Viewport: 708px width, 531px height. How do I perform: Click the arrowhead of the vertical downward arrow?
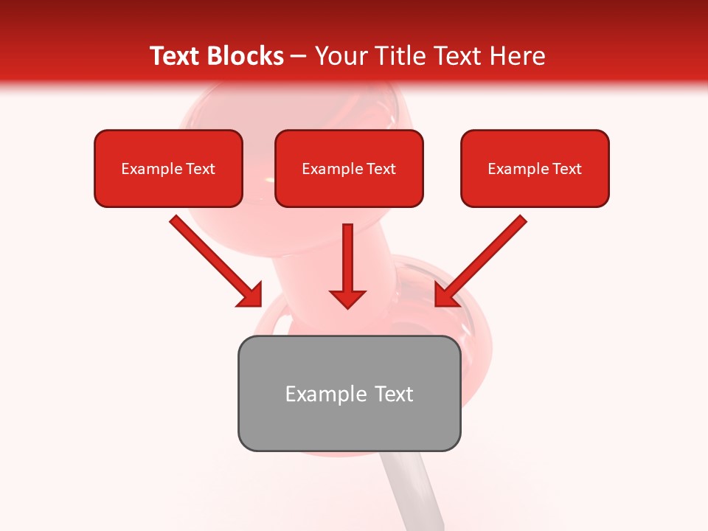(347, 298)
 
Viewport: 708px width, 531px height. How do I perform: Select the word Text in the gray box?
(394, 394)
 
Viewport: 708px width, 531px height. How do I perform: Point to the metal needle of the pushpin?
(417, 490)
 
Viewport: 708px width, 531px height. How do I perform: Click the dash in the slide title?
(299, 57)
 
